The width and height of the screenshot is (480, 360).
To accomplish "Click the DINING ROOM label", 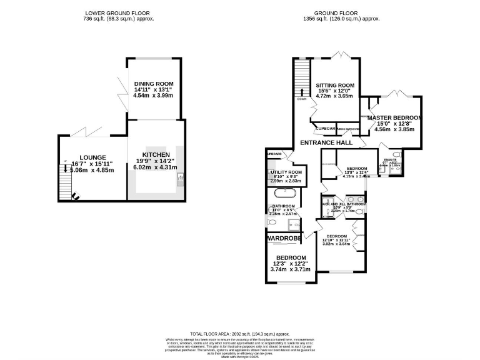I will coord(153,84).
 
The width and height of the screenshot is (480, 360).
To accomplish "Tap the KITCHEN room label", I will coord(156,154).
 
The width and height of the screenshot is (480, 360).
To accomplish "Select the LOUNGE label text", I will coord(92,157).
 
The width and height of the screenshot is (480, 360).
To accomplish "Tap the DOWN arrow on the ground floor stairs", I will coord(302,94).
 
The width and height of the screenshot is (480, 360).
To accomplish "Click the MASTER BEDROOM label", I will coord(394,117).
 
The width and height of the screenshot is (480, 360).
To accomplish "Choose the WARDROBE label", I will coord(284,238).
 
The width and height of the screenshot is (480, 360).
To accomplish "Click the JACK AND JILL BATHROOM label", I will coord(343,204).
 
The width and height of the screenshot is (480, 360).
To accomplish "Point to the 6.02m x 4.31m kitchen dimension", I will coord(156,167).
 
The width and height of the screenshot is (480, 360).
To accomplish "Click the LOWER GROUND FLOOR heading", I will coord(118,12).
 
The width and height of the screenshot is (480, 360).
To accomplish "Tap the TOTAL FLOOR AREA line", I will coord(240,334).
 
